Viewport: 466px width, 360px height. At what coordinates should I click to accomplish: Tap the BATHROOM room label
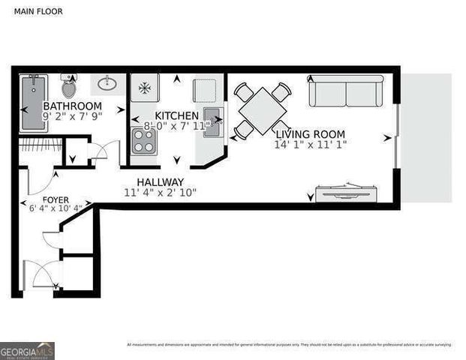point(74,106)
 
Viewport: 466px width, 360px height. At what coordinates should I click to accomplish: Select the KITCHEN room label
point(176,115)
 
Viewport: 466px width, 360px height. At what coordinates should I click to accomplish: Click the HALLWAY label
point(160,182)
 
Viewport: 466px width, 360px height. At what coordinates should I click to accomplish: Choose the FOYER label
point(56,199)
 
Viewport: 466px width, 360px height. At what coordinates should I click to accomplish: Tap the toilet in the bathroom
point(68,85)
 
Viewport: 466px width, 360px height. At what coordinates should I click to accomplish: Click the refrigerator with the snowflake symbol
point(145,88)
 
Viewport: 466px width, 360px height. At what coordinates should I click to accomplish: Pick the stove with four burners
point(143,139)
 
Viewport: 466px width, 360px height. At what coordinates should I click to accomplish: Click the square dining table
point(260,111)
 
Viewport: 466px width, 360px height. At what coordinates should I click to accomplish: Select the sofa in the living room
point(347,91)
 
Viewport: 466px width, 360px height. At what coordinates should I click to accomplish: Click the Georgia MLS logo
point(27,350)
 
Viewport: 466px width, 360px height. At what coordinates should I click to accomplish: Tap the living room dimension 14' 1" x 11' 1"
point(310,143)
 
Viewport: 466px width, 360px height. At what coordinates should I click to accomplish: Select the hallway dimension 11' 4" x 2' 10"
point(159,193)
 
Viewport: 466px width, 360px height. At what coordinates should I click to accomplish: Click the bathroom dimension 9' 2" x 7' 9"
point(74,117)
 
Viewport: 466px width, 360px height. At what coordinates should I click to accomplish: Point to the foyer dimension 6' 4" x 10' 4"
point(56,208)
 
